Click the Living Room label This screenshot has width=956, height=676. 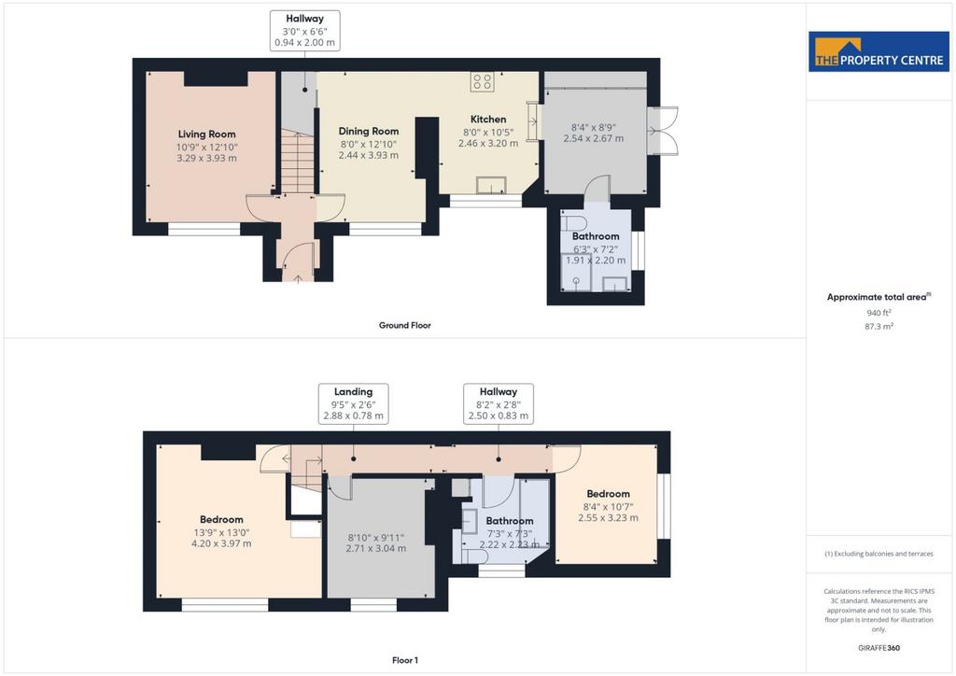(x=206, y=134)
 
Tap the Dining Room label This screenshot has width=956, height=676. (x=368, y=131)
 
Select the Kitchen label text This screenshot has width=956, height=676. (x=487, y=120)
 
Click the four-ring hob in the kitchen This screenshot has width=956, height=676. (x=482, y=81)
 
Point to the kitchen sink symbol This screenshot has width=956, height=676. (x=491, y=185)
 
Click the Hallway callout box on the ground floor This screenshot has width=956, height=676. (x=305, y=31)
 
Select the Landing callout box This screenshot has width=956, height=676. (x=354, y=403)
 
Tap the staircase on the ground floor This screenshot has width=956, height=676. (x=298, y=162)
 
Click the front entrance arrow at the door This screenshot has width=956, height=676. (x=298, y=279)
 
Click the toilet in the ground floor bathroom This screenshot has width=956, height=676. (x=573, y=222)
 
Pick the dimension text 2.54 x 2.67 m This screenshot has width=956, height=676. (x=593, y=138)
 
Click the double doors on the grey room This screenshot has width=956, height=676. (x=663, y=131)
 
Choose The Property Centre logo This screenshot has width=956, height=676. (x=879, y=51)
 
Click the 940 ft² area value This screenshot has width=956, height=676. (x=879, y=313)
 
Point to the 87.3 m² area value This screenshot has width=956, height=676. (x=879, y=326)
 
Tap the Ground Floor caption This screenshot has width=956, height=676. (x=405, y=326)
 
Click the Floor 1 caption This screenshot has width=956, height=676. (x=405, y=660)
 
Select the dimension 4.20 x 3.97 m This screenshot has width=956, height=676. (x=221, y=543)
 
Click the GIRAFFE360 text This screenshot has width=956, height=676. (x=879, y=648)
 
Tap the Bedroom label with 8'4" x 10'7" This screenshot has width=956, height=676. (x=608, y=494)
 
